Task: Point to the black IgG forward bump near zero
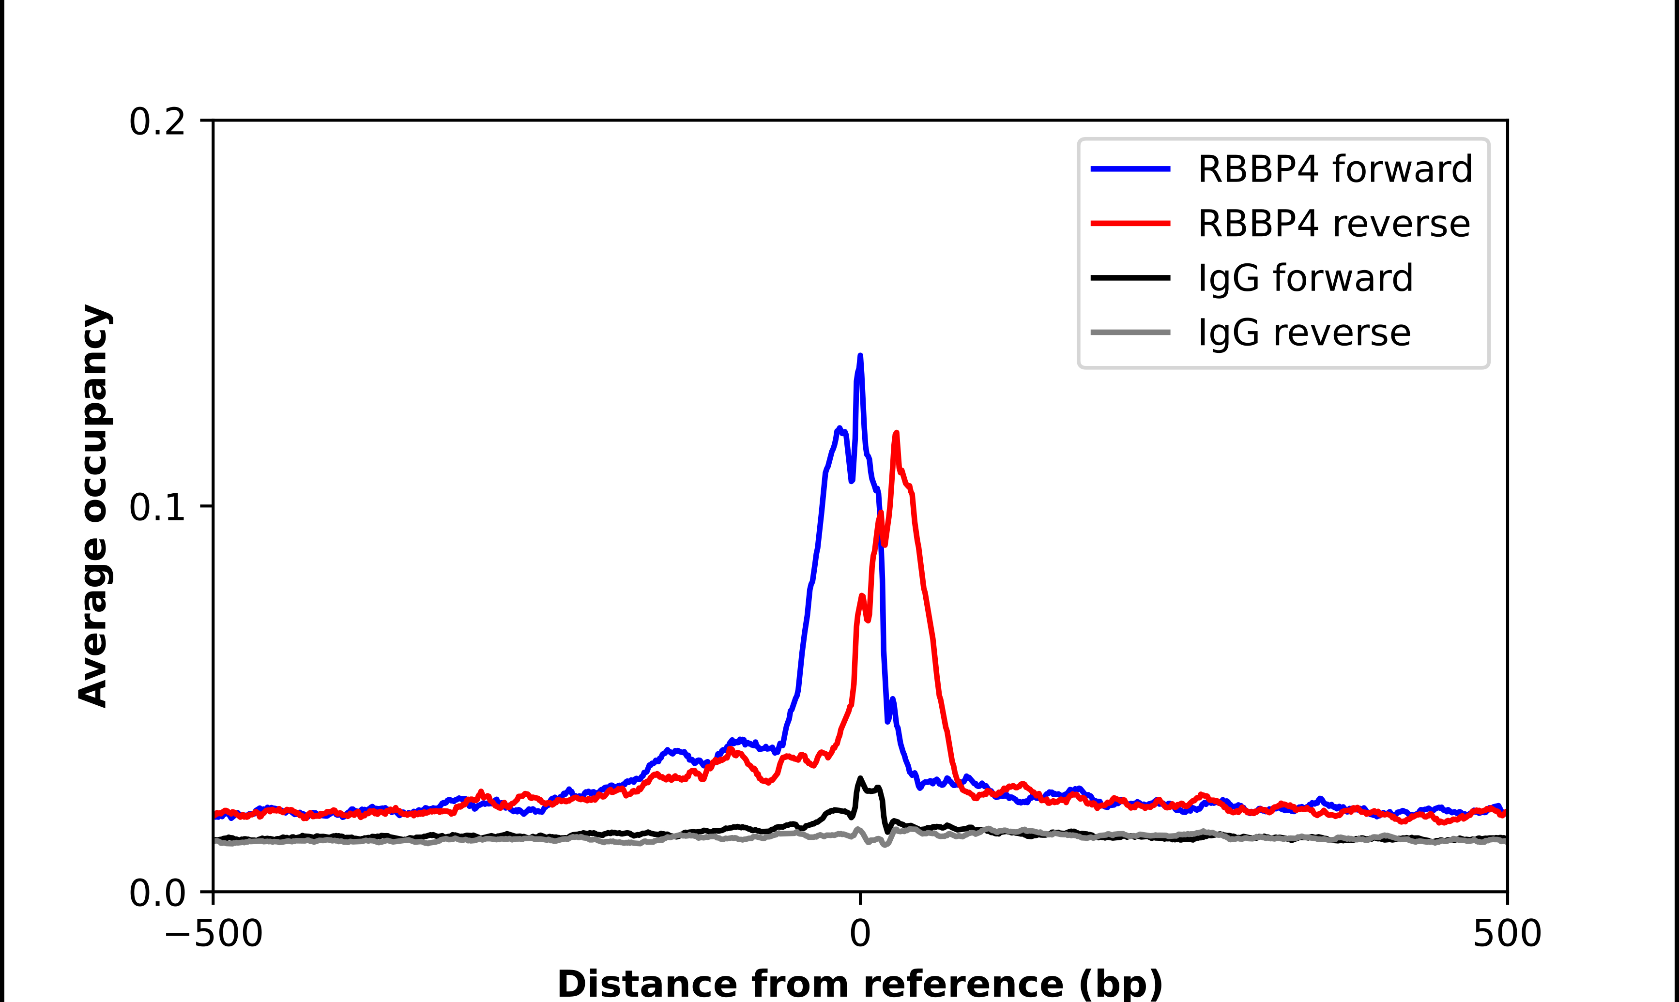pos(861,779)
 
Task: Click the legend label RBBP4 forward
pos(1334,169)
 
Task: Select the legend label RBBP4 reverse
pos(1333,224)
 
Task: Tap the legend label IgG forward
pos(1305,278)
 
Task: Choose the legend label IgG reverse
pos(1304,333)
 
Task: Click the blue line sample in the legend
pos(1130,169)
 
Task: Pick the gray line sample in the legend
pos(1130,332)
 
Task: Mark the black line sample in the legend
pos(1130,277)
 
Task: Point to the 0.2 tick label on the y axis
pos(157,122)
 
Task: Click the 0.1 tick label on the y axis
pos(157,507)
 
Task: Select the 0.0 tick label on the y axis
pos(157,893)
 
